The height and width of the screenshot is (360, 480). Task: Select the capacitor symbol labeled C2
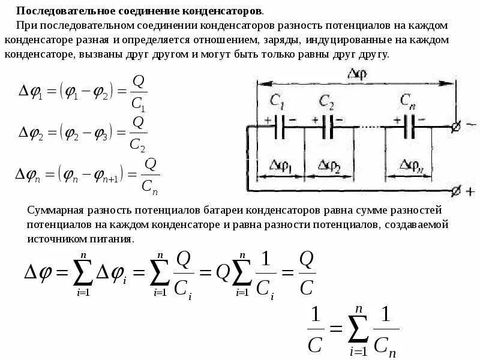327,127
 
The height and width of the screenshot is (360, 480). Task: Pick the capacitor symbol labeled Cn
409,127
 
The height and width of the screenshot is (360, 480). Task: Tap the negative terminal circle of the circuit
456,127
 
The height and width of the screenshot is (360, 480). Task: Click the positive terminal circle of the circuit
456,192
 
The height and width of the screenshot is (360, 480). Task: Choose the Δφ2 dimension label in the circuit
329,166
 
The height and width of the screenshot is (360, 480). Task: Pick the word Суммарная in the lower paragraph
53,211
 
